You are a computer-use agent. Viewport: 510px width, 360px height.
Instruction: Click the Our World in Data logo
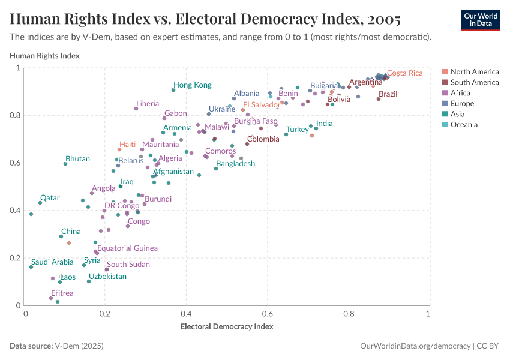tap(480, 19)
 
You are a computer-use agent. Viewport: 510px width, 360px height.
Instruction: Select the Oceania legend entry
tap(464, 125)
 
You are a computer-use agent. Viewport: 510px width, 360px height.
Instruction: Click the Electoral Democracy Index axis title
tap(227, 327)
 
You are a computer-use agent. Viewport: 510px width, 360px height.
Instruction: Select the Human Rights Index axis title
tap(45, 56)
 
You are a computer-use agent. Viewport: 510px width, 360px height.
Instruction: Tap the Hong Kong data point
tap(173, 90)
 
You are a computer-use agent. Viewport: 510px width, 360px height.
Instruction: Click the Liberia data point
tap(136, 109)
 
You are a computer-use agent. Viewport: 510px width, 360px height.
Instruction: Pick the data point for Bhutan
tap(65, 164)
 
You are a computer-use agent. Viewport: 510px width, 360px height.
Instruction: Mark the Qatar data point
tap(40, 203)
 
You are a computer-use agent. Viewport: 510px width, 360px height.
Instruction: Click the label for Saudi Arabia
tap(52, 262)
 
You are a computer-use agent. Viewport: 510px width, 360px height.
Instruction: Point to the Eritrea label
tap(62, 293)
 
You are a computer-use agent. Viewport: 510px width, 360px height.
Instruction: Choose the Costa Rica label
tap(404, 73)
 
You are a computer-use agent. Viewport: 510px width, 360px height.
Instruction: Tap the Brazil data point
tap(379, 99)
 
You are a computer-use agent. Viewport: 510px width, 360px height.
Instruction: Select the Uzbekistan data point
tap(89, 281)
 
